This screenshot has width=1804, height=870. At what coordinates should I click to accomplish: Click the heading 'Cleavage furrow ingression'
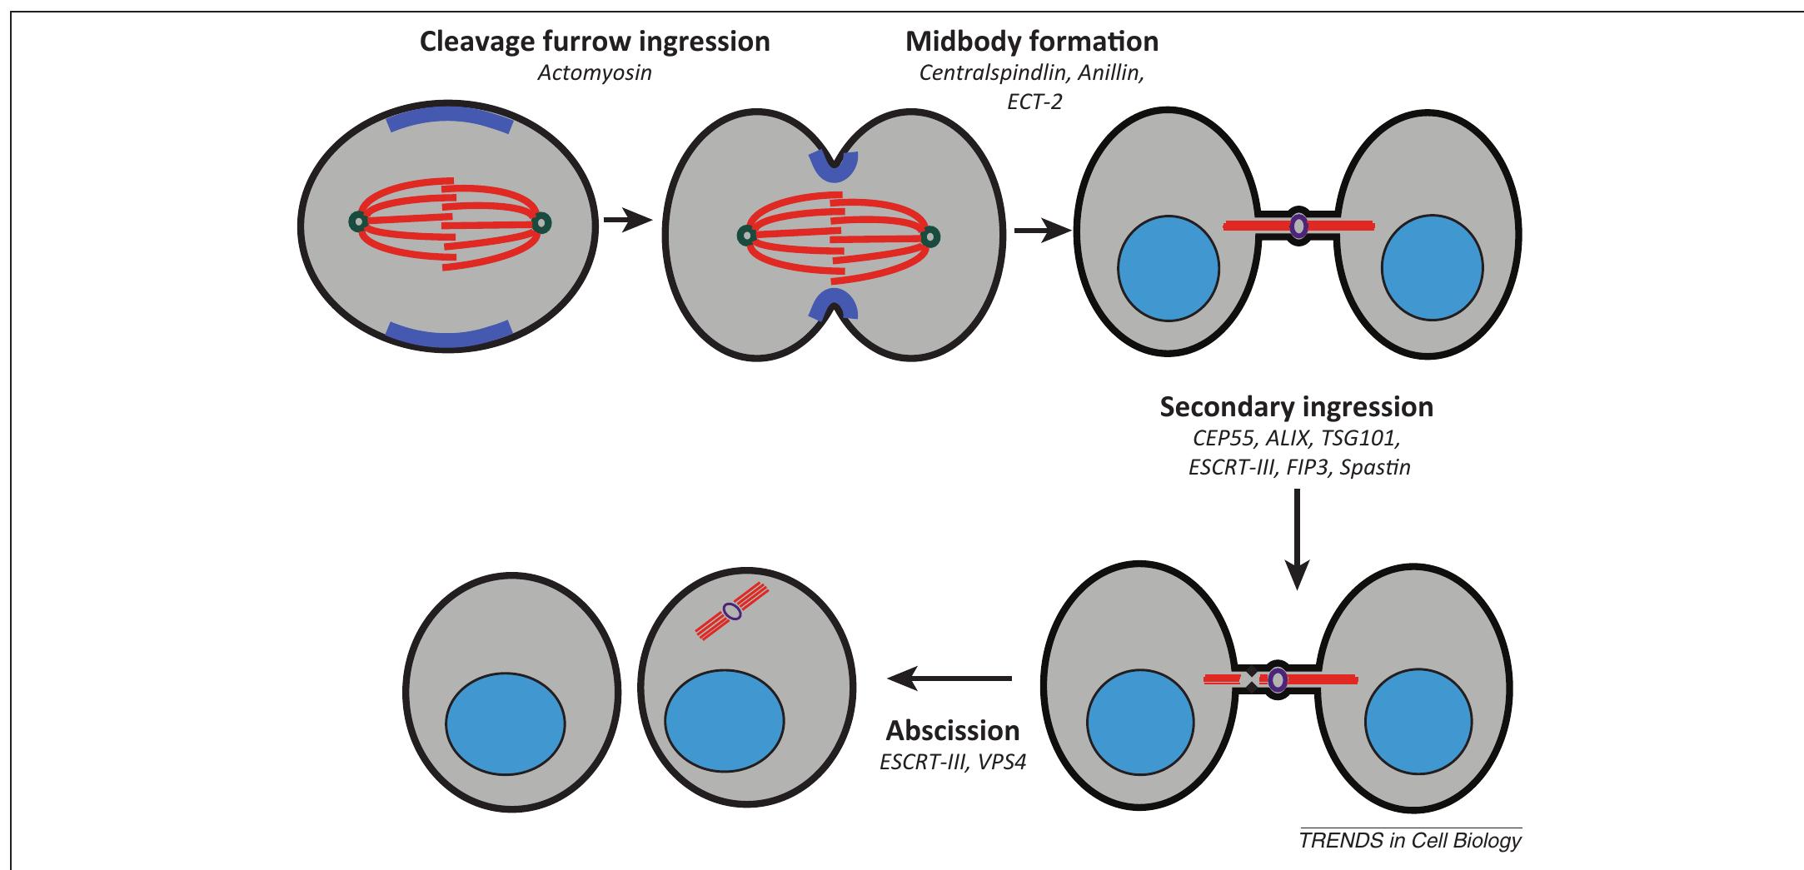pos(595,42)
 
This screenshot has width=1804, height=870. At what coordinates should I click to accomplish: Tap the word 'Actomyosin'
pos(594,73)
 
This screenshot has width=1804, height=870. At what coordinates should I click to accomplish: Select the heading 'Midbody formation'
pos(1031,42)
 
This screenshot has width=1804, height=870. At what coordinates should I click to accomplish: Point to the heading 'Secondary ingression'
pos(1296,407)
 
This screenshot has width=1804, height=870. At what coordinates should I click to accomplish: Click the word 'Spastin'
pos(1375,468)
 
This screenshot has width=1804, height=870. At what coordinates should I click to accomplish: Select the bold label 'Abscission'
pos(952,731)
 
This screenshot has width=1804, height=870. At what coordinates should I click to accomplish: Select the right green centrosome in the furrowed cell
pos(929,237)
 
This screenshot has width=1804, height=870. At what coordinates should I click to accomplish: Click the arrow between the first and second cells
pos(626,221)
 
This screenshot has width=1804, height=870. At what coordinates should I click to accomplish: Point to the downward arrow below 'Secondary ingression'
pos(1297,541)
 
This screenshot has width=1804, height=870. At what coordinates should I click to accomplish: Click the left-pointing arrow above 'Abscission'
pos(949,679)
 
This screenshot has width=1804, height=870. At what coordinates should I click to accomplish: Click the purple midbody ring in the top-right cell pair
pos(1298,225)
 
